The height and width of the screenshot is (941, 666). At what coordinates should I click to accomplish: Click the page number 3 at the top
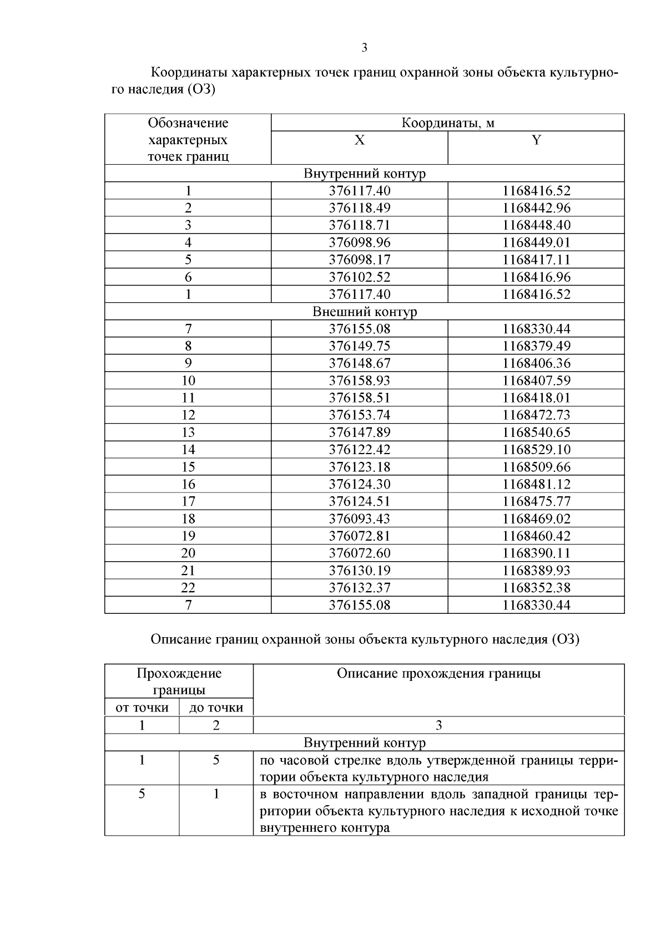364,48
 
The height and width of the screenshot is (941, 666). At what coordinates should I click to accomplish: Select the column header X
359,140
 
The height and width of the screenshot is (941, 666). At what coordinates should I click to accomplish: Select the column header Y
536,140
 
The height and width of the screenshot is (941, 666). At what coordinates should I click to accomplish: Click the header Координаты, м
447,123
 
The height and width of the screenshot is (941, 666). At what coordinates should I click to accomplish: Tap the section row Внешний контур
364,312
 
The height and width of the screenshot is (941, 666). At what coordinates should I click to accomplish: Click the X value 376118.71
359,225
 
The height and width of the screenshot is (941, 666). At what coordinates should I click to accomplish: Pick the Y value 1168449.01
536,242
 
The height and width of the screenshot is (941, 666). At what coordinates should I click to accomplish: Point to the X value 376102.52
359,277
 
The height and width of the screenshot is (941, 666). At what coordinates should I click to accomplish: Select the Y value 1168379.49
536,346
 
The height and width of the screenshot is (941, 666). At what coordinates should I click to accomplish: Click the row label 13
188,433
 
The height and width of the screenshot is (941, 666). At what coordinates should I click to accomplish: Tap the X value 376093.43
359,518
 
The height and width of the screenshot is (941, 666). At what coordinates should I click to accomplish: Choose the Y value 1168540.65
536,433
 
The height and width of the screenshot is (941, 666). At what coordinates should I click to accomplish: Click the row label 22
188,588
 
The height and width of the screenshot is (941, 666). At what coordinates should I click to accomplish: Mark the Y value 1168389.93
536,571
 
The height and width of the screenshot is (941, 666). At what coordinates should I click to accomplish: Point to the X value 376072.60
359,553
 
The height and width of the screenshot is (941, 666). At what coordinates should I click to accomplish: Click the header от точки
142,708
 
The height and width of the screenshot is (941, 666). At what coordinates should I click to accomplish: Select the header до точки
216,708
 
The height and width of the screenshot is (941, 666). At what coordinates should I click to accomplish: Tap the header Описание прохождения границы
438,674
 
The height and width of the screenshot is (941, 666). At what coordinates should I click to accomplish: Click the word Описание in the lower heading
178,639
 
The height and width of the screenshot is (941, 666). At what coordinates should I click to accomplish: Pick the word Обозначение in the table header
188,123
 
